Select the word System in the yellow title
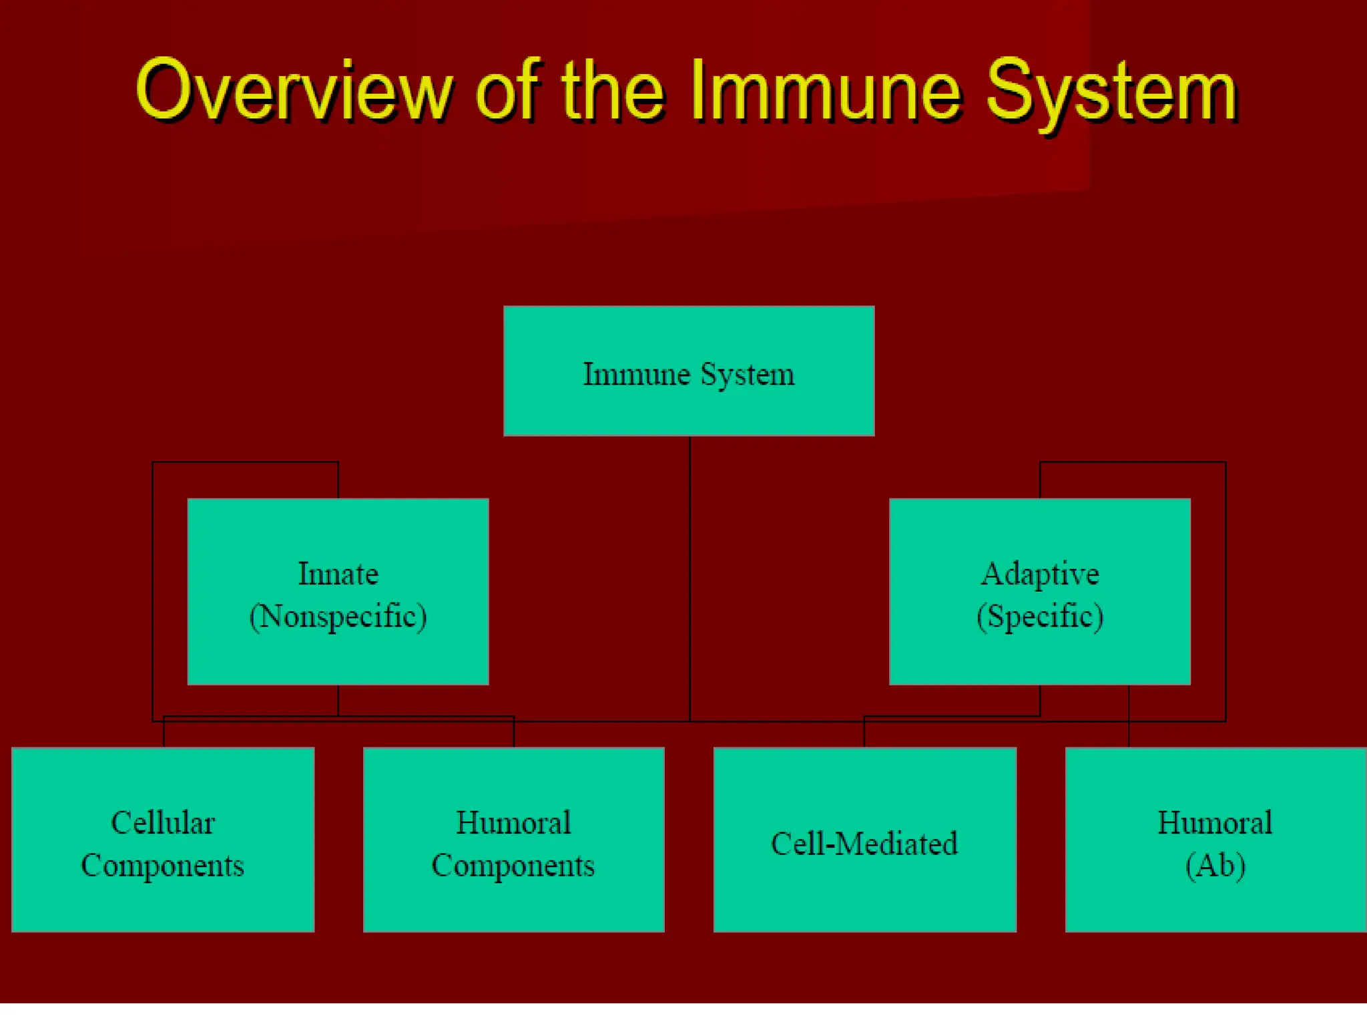(1111, 92)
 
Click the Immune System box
(689, 371)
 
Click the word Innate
(338, 574)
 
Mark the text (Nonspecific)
(338, 616)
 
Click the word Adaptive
(1039, 574)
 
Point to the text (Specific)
(1039, 616)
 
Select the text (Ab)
(1215, 866)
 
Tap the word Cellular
(163, 823)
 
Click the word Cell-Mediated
(864, 844)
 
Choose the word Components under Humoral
(513, 866)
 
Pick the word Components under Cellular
(163, 866)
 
